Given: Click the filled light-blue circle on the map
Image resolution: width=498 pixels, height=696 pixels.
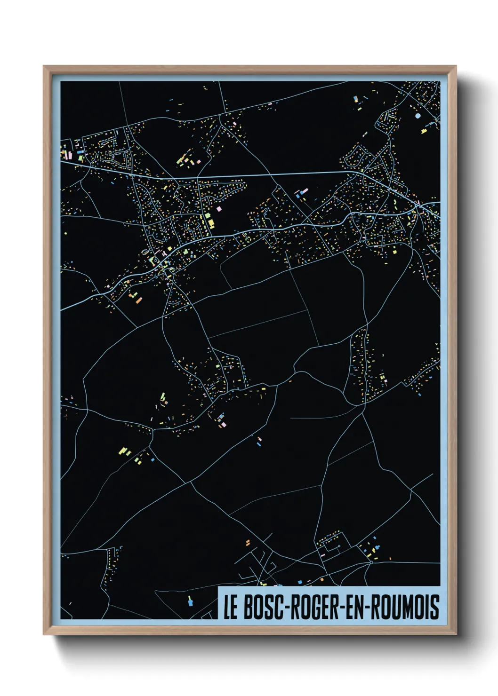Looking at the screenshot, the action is (418, 116).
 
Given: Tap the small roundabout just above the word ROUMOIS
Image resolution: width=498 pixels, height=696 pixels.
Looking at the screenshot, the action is (371, 562).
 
